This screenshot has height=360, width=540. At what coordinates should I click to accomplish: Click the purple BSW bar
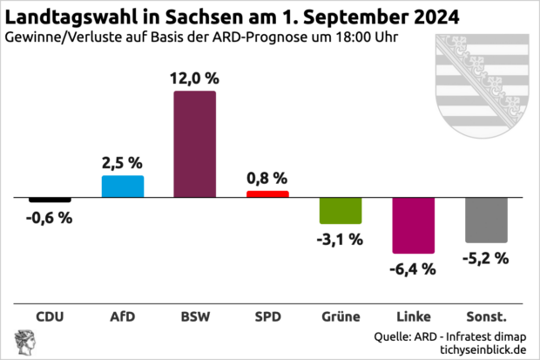pos(195,143)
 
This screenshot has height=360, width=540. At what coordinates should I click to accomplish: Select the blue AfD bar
pos(123,187)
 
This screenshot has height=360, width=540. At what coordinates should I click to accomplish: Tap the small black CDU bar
pos(50,200)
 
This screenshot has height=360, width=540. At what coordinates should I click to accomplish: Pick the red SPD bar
pos(267,194)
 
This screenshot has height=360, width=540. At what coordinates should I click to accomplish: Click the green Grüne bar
pos(341,211)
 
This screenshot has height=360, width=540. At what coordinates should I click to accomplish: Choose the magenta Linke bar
pos(413,226)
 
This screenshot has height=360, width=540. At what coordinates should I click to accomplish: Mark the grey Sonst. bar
pos(486,221)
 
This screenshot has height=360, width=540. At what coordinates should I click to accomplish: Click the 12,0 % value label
pos(195,78)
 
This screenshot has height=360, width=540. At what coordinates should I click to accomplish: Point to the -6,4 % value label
pos(413,269)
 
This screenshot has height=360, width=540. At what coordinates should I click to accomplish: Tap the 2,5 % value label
pos(123,162)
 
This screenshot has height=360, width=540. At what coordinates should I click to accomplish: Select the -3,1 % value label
pos(341,239)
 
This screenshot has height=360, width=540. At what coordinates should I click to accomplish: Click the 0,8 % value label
pos(267,178)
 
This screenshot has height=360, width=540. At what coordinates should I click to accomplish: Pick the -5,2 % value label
pos(486,258)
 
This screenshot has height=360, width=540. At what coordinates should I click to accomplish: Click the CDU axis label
pos(50,316)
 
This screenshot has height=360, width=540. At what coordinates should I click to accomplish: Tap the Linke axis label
pos(413,316)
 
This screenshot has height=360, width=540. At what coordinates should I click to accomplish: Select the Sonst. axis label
pos(486,316)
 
